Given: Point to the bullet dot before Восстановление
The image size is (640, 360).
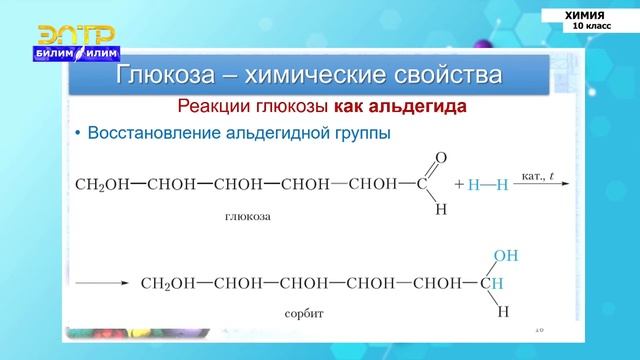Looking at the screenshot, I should click(x=77, y=133).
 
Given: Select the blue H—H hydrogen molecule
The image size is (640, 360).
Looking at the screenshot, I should click(x=490, y=185).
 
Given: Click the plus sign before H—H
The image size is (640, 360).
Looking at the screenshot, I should click(x=459, y=185).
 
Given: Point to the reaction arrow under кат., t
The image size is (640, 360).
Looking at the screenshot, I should click(x=546, y=185).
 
